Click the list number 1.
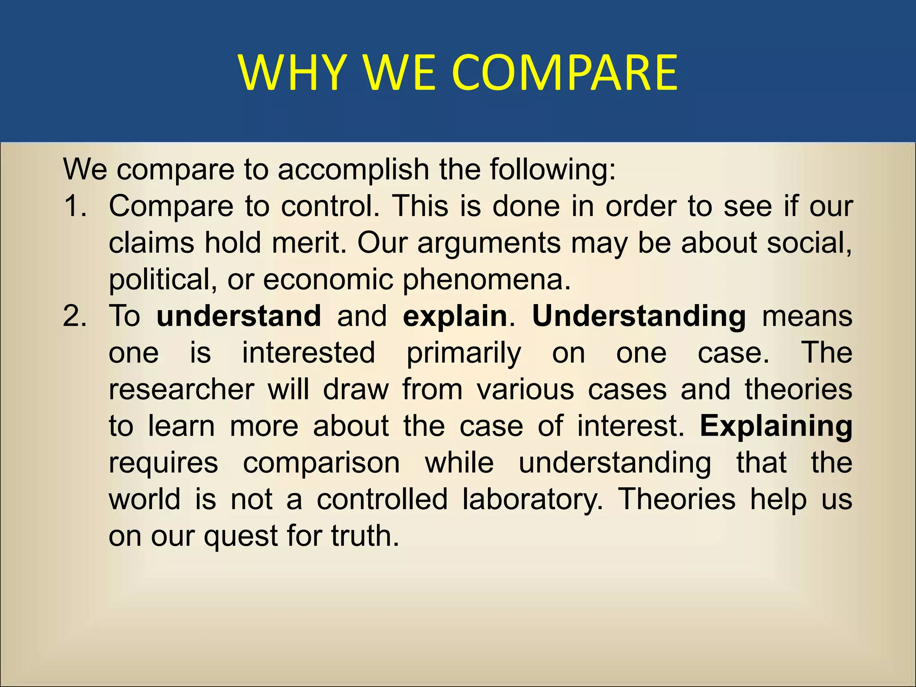(x=75, y=206)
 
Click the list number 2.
(x=75, y=316)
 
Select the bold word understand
(x=239, y=316)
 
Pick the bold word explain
(x=455, y=316)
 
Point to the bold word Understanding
(x=639, y=316)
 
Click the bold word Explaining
(x=776, y=426)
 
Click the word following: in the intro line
(x=553, y=170)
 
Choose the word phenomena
(x=487, y=280)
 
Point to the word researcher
(x=182, y=389)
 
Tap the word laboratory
(x=533, y=499)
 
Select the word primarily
(x=464, y=353)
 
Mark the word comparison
(x=321, y=463)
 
